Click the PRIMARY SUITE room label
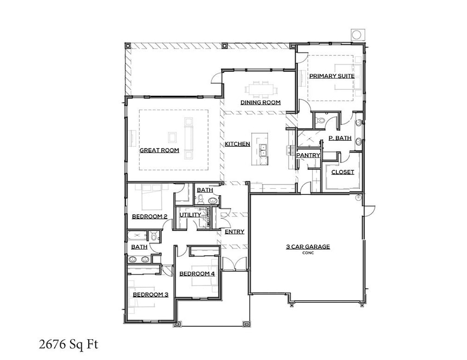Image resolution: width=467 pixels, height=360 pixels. pos(332,76)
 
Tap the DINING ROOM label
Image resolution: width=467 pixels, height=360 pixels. pos(261,102)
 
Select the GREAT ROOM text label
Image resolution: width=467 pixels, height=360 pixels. pos(159,150)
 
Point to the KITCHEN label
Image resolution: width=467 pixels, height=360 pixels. pos(238,144)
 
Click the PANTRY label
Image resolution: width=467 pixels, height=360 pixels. pos(308,155)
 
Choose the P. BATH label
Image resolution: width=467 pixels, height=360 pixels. pos(339,138)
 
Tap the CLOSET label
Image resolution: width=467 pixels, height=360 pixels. pos(343,172)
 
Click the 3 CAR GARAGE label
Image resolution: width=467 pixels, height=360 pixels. pos(308,247)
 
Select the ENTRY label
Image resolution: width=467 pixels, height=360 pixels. pos(234,232)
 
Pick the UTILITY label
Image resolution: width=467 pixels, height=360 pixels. pos(190,214)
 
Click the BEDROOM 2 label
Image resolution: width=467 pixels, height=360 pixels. pos(149,217)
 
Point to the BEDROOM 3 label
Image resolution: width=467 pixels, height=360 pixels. pos(150,295)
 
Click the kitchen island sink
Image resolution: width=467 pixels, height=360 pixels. pos(262,148)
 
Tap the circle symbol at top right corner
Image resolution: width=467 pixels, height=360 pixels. pos(356,35)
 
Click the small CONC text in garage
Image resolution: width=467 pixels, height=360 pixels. pos(308,253)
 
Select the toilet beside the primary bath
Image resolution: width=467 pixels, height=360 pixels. pos(321,119)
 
